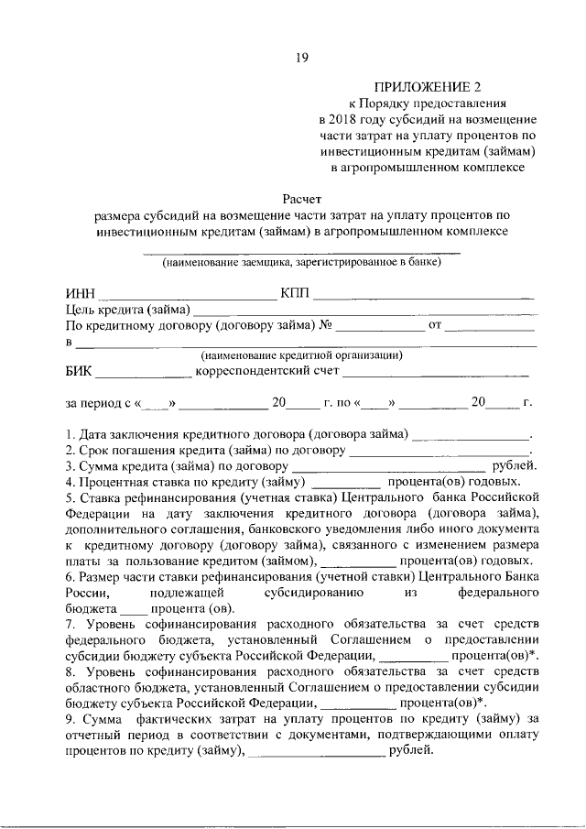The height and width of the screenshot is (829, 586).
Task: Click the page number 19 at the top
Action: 301,58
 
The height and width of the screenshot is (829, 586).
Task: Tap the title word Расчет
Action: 301,197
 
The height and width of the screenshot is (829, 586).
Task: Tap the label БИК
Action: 80,371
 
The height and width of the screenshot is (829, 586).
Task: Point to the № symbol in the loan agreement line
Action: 325,325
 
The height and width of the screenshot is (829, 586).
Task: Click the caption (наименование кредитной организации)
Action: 301,355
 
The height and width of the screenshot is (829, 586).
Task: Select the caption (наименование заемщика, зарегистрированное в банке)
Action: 301,263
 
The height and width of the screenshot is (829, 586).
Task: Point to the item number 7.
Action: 69,624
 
